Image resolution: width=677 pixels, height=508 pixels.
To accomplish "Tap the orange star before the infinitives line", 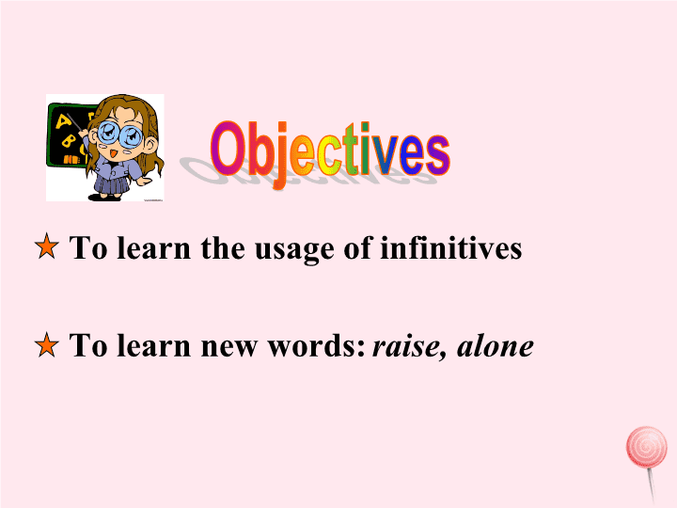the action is coord(47,246).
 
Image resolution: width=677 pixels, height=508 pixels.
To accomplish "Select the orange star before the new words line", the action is coord(47,344).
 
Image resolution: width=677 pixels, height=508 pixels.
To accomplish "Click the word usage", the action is coord(294,250).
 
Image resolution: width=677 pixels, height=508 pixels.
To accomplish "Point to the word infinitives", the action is coord(450,247).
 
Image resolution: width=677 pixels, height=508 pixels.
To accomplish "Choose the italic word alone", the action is coord(496,345).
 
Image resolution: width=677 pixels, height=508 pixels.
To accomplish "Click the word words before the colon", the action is coord(314,345).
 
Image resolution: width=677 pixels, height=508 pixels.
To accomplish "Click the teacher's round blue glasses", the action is coord(119,134).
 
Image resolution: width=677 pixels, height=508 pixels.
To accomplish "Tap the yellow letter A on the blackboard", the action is coord(64,121).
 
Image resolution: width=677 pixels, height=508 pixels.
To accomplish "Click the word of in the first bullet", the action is coord(356,247).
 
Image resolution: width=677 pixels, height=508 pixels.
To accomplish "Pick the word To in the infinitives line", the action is coord(88,247).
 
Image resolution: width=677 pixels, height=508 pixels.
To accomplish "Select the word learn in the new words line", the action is coord(153,344).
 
